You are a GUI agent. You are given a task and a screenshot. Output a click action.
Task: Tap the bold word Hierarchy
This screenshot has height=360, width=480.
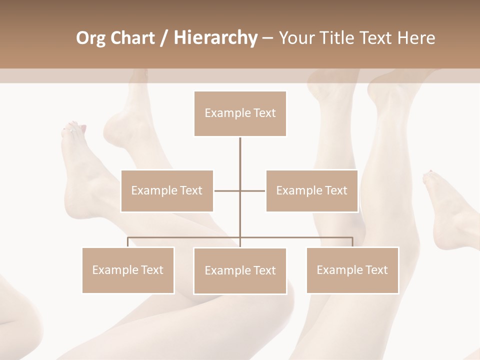(x=215, y=38)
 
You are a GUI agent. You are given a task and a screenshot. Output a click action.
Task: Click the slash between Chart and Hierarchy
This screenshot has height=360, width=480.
(x=163, y=38)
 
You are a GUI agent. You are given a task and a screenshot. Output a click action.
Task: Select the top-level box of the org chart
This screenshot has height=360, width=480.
(x=240, y=113)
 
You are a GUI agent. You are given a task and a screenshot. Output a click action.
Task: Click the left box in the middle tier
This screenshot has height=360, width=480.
(x=167, y=190)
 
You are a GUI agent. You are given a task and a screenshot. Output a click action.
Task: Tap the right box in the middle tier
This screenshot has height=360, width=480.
(x=311, y=190)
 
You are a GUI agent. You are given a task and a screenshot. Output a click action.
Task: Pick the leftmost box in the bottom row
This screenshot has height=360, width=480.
(x=128, y=270)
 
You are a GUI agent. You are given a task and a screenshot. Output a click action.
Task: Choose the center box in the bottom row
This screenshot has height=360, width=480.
(x=240, y=270)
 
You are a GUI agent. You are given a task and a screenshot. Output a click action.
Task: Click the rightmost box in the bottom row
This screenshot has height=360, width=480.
(x=352, y=270)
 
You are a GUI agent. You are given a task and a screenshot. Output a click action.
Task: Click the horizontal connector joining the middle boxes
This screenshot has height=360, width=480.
(x=227, y=190)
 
